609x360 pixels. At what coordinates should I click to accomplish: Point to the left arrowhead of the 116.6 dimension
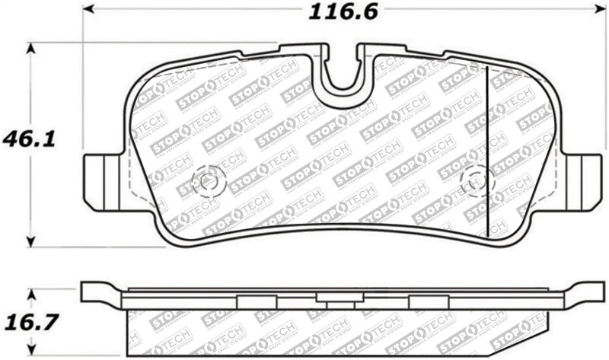coord(89,9)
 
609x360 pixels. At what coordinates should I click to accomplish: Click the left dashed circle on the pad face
coord(207,181)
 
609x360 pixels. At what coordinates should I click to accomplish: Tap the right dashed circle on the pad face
coord(477,181)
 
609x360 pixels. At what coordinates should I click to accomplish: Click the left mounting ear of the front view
coord(100,181)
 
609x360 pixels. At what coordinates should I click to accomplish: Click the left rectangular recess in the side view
coord(256,301)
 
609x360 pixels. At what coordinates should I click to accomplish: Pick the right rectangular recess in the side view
coord(428,301)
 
